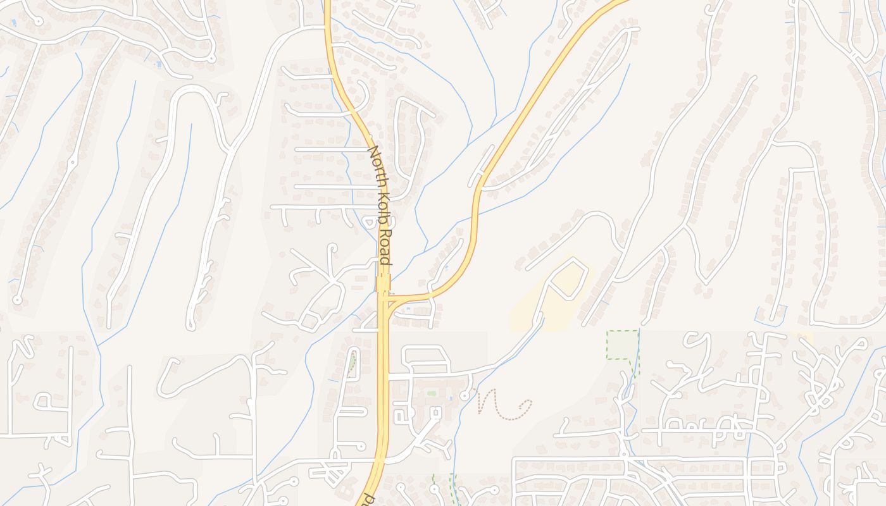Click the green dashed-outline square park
coord(622,345)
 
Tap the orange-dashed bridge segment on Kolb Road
coord(383,283)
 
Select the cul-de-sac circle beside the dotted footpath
coord(465,395)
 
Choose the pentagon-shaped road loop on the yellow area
coord(570,278)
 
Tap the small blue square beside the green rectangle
coord(449,398)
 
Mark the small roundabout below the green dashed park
coord(624,454)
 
